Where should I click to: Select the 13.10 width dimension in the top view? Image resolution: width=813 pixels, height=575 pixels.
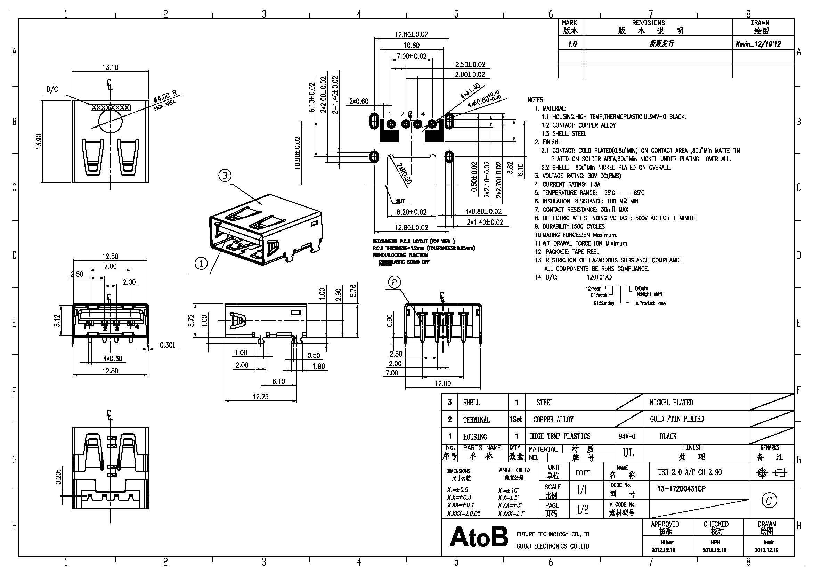coord(110,67)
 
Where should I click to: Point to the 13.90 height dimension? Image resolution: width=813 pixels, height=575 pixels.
coord(39,141)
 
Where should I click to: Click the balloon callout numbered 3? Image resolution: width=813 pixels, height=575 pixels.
coord(225,175)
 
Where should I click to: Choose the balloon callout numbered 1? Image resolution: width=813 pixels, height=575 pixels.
coord(201,264)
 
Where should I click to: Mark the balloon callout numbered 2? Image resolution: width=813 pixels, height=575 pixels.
coord(395,282)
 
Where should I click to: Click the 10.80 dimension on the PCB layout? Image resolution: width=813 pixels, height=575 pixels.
coord(411,45)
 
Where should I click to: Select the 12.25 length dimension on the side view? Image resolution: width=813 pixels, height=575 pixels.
coord(260,397)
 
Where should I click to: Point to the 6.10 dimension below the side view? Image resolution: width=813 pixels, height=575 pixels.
coord(279,381)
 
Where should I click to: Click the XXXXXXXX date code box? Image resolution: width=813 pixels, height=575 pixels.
coord(111,107)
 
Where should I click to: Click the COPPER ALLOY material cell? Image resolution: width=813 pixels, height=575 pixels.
coord(553,420)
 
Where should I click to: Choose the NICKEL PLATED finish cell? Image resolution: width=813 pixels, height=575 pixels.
coord(671,403)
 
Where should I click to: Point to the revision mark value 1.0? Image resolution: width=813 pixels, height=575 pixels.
coord(572,44)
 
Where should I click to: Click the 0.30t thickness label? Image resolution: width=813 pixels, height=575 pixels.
coord(167,345)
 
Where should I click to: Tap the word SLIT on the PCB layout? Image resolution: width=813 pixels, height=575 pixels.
coord(400,202)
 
